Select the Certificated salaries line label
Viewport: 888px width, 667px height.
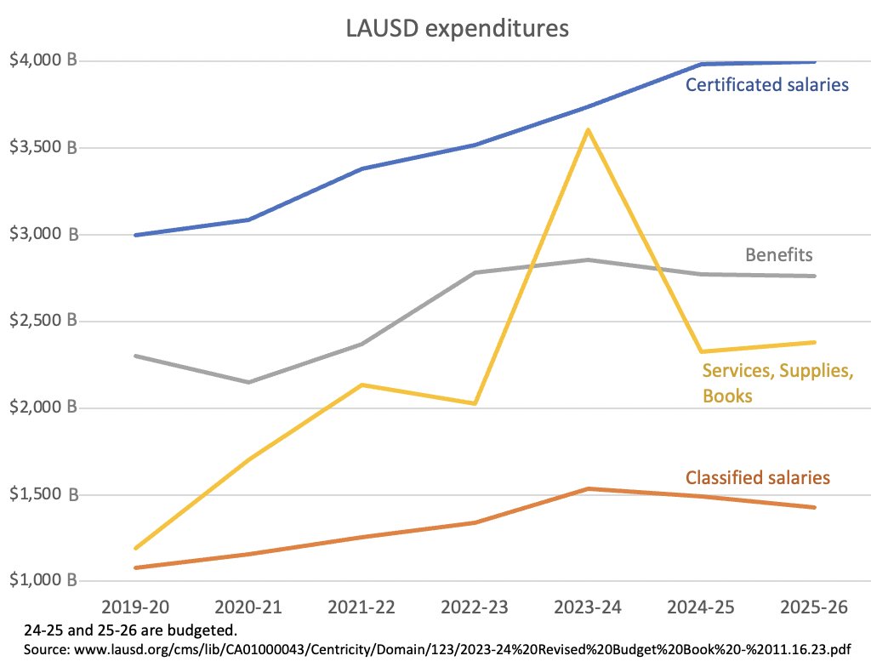click(x=767, y=85)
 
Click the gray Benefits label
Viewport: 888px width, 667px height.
click(x=779, y=254)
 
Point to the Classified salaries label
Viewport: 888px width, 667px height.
click(x=757, y=478)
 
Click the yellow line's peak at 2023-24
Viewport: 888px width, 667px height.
click(x=589, y=130)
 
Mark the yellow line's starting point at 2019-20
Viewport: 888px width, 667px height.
click(x=136, y=548)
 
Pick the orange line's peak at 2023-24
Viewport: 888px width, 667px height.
click(x=589, y=488)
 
